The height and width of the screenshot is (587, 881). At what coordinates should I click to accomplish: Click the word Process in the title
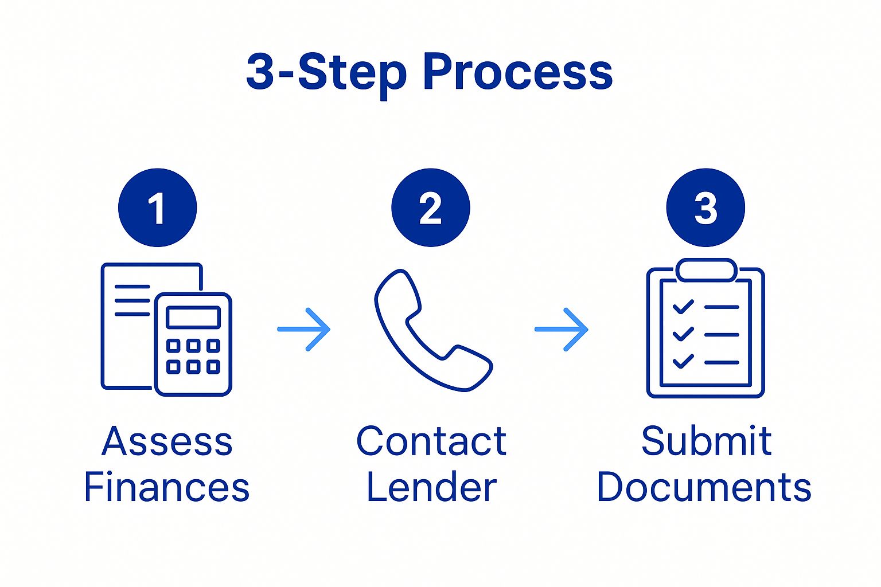tap(517, 73)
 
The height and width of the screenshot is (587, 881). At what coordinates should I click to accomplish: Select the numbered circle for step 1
tap(157, 208)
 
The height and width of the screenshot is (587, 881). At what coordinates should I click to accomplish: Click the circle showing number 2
tap(430, 208)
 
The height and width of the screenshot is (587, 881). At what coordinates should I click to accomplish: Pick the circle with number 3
tap(705, 208)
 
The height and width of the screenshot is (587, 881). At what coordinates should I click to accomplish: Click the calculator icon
tap(193, 344)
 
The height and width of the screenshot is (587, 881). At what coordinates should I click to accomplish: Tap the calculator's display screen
tap(193, 317)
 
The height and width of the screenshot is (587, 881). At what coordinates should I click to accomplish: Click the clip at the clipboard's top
tap(705, 270)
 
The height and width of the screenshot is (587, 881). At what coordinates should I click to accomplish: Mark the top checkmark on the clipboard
tap(683, 307)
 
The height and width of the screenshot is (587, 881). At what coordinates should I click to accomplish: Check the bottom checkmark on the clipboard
tap(683, 361)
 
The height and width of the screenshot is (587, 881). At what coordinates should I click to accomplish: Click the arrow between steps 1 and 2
tap(304, 329)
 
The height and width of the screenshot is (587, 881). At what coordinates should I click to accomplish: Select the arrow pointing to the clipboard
tap(562, 329)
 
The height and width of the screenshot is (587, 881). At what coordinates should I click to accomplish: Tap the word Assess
tap(167, 441)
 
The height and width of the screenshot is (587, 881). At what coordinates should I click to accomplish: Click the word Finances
tap(167, 487)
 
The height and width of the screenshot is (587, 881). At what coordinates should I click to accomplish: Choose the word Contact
tap(431, 441)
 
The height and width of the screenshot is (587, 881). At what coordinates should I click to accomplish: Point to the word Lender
tap(431, 487)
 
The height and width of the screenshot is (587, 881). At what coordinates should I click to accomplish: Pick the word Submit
tap(706, 441)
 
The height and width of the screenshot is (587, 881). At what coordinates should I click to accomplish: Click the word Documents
tap(704, 487)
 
